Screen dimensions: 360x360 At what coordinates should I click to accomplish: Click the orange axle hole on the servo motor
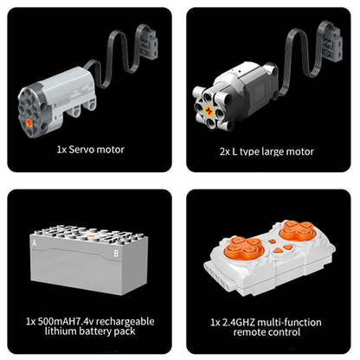pyautogui.click(x=29, y=123)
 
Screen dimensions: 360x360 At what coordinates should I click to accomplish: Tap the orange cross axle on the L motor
pyautogui.click(x=209, y=111)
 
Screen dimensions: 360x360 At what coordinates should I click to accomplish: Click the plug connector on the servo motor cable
pyautogui.click(x=149, y=40)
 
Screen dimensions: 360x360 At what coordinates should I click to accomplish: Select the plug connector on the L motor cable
pyautogui.click(x=331, y=42)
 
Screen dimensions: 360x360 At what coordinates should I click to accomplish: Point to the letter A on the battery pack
pyautogui.click(x=35, y=243)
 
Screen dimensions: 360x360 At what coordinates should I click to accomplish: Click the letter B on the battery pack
pyautogui.click(x=116, y=254)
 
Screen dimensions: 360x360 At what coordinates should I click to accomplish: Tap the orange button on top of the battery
pyautogui.click(x=91, y=235)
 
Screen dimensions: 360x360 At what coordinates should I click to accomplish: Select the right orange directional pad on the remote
pyautogui.click(x=297, y=230)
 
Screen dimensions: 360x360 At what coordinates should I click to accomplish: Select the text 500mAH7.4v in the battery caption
pyautogui.click(x=66, y=321)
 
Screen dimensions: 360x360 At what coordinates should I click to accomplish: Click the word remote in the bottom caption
pyautogui.click(x=248, y=332)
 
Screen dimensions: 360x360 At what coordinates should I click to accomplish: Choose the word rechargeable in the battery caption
pyautogui.click(x=125, y=322)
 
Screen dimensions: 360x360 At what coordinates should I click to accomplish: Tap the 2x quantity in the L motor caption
pyautogui.click(x=225, y=152)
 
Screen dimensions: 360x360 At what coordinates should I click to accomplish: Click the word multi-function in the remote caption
pyautogui.click(x=289, y=322)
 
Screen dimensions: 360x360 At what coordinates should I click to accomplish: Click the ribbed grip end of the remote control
pyautogui.click(x=219, y=274)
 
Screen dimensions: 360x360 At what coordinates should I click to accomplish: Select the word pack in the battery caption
pyautogui.click(x=125, y=331)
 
